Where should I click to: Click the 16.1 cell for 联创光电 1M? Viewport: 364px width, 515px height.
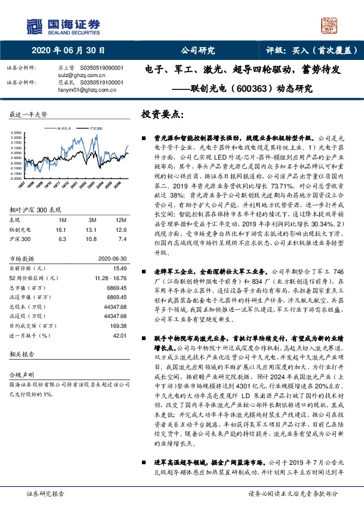pyautogui.click(x=60, y=229)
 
